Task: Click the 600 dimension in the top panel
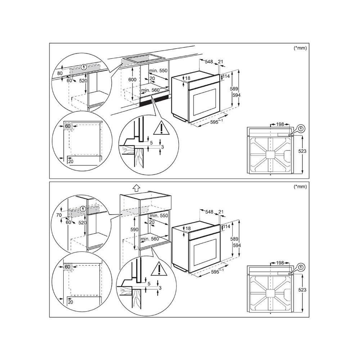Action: pyautogui.click(x=132, y=80)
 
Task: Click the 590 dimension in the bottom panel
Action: pyautogui.click(x=134, y=229)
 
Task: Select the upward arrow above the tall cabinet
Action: pyautogui.click(x=136, y=188)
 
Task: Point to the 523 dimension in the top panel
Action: pyautogui.click(x=302, y=151)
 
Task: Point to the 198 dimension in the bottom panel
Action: pyautogui.click(x=281, y=264)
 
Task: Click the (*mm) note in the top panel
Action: pyautogui.click(x=300, y=48)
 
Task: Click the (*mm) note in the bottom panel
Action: pyautogui.click(x=300, y=186)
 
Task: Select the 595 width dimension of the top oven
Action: pyautogui.click(x=215, y=122)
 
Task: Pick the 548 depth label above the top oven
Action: pyautogui.click(x=209, y=62)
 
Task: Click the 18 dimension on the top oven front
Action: pyautogui.click(x=188, y=78)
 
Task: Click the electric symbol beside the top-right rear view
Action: pyautogui.click(x=302, y=128)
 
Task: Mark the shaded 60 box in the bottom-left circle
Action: pyautogui.click(x=67, y=267)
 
